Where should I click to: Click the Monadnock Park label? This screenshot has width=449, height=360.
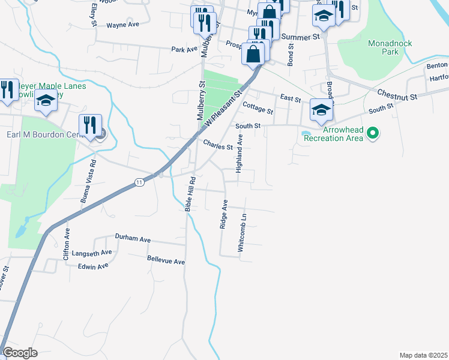(x=384, y=47)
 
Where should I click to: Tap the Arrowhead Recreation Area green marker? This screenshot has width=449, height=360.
(x=372, y=133)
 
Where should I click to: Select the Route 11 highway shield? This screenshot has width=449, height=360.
(x=139, y=182)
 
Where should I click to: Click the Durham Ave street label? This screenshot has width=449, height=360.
(x=133, y=239)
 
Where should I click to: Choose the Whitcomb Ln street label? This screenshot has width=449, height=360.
(x=242, y=233)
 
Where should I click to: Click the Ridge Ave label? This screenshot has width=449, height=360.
(x=223, y=214)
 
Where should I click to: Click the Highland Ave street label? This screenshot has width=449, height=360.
(x=240, y=154)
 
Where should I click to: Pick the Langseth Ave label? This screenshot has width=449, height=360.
(x=92, y=253)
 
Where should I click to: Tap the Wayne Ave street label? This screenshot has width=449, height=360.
(x=122, y=25)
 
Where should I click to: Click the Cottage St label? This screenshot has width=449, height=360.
(x=258, y=108)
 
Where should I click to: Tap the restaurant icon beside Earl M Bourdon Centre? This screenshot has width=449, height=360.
(x=90, y=125)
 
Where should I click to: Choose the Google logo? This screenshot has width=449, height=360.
(x=20, y=353)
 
